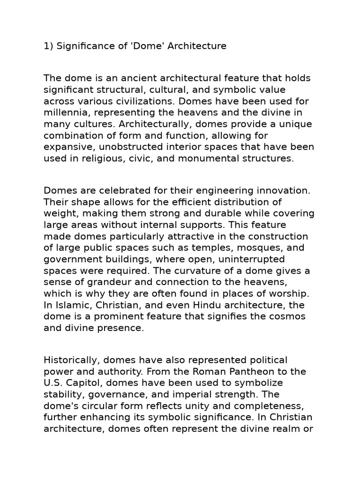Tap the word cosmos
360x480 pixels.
tap(281, 316)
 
